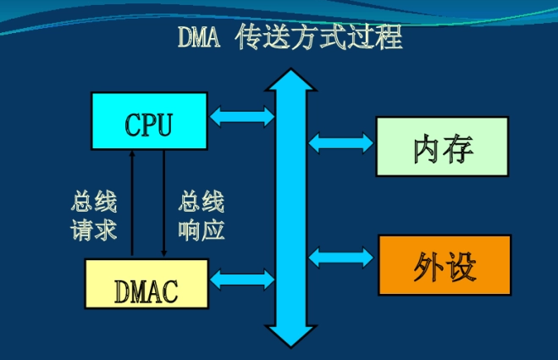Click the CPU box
[x=149, y=122]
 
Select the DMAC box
[x=146, y=284]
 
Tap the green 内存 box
[x=442, y=147]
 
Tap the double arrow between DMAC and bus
[x=242, y=278]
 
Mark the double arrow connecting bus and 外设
[x=341, y=253]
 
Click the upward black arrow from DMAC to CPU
[x=132, y=203]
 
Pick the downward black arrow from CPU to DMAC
[x=163, y=203]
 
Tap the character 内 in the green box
[x=427, y=147]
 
